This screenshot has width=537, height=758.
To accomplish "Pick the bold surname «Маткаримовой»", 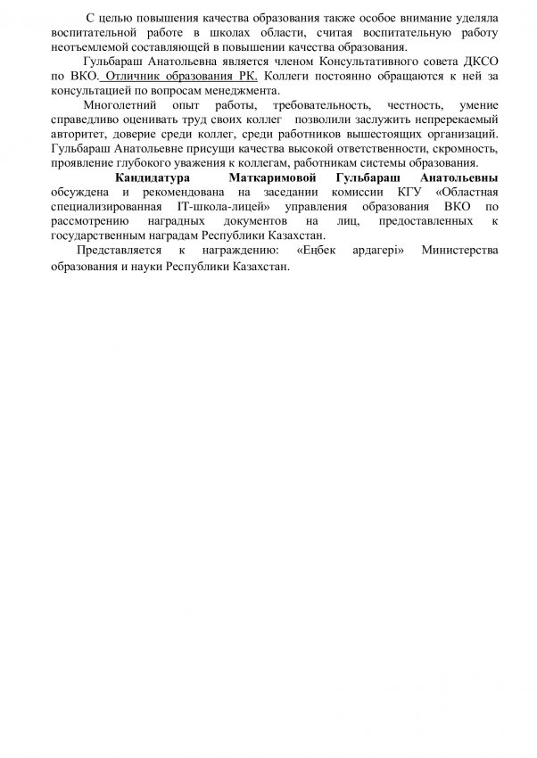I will pos(273,178).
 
